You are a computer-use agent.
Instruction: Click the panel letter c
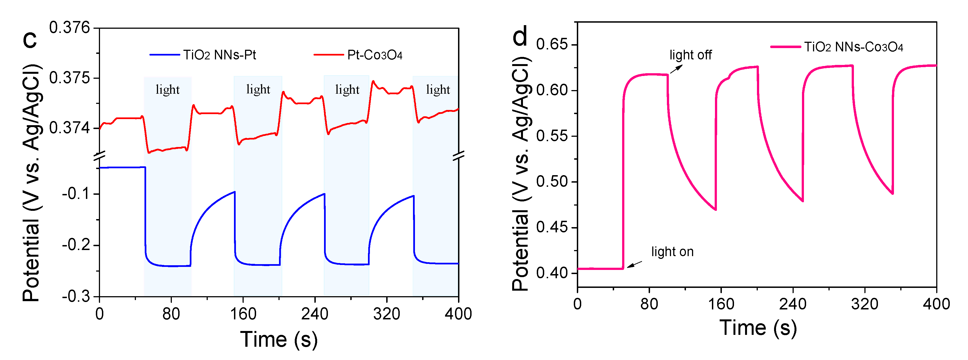tap(30, 40)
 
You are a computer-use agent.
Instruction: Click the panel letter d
tap(520, 36)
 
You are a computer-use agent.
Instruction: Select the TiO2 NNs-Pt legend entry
tap(203, 55)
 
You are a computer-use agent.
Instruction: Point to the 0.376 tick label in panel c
tap(70, 28)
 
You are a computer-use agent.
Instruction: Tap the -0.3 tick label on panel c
tap(76, 296)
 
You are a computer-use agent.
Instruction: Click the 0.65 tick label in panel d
tap(551, 44)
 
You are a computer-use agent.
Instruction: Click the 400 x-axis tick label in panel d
tap(936, 304)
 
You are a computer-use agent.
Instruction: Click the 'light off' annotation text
tap(690, 55)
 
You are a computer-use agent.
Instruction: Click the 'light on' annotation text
tap(672, 251)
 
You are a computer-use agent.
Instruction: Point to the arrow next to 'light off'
tap(676, 69)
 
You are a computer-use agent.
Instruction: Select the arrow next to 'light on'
tap(635, 265)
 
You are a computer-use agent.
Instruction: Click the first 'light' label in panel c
tap(168, 90)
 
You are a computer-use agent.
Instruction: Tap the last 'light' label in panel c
tap(438, 90)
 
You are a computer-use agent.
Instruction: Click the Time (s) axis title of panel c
tap(279, 339)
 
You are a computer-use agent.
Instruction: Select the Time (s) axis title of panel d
tap(757, 327)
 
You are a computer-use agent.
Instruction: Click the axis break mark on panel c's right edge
tap(459, 155)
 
